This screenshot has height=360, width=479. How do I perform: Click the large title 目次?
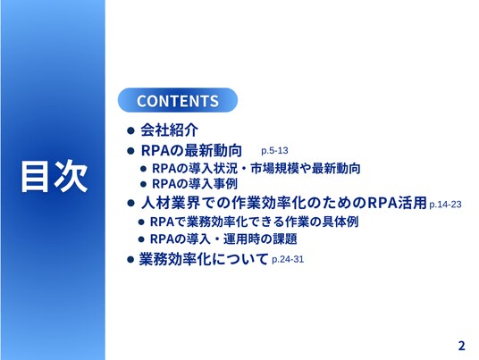coord(55,176)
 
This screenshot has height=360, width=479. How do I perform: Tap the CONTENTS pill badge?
coord(178,100)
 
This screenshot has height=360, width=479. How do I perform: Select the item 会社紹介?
coord(169,130)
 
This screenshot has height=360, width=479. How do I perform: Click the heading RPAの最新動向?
coord(191,150)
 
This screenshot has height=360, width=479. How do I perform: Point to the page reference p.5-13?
coord(274,151)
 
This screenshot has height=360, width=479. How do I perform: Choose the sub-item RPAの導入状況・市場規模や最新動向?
coord(256,168)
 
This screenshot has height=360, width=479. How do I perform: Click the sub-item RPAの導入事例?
coord(195,184)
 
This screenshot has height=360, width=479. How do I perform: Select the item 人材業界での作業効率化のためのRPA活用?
coord(284,203)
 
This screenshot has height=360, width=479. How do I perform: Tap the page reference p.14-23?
coord(445,205)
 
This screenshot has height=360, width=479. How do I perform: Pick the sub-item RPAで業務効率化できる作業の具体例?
coord(254,222)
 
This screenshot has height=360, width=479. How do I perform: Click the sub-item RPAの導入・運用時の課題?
coord(223,239)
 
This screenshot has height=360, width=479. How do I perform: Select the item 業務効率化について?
coord(204,259)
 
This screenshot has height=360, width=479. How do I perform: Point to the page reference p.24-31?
coord(288,260)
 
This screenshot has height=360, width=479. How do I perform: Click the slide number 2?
coord(461,346)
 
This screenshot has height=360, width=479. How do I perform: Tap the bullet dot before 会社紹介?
coord(130,130)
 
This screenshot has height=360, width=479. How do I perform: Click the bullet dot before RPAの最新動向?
coord(130,151)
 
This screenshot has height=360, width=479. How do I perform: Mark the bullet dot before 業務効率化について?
coord(130,260)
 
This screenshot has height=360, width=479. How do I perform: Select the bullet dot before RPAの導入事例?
coord(144,184)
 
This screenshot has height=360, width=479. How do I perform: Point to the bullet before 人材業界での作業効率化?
coord(130,203)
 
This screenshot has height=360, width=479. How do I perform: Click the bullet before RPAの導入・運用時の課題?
coord(141,239)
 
